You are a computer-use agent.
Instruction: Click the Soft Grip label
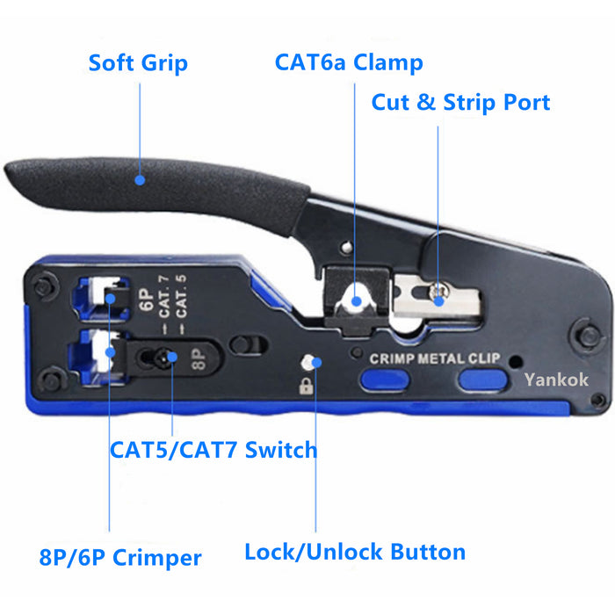click(138, 64)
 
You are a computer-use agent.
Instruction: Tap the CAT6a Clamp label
click(349, 62)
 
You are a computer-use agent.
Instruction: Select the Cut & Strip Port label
click(460, 103)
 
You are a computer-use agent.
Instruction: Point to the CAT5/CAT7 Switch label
click(213, 451)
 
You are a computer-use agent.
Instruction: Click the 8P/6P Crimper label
click(120, 557)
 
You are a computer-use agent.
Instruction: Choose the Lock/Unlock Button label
click(355, 553)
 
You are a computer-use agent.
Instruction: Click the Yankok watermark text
click(556, 380)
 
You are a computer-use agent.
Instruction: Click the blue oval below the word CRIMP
click(384, 380)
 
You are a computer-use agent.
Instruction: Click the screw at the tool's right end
click(579, 335)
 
